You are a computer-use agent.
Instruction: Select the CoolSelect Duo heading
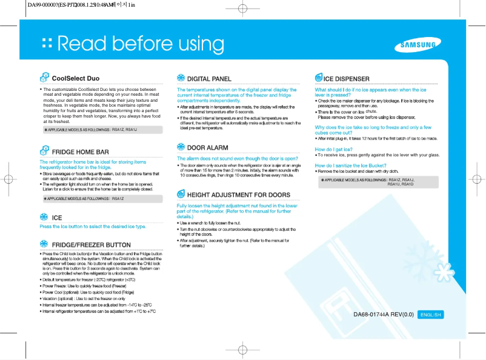click(76, 79)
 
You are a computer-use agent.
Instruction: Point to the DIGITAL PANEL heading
click(209, 79)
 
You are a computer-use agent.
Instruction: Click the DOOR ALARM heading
click(208, 148)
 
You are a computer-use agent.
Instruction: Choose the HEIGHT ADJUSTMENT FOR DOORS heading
click(238, 195)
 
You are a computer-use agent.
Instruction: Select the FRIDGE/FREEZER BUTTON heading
click(92, 245)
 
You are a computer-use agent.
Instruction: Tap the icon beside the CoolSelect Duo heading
click(44, 78)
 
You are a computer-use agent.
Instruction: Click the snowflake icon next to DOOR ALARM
click(181, 147)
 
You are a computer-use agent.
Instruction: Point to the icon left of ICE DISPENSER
click(319, 78)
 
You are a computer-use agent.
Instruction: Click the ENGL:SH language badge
click(431, 315)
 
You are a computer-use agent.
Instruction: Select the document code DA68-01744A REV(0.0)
click(383, 315)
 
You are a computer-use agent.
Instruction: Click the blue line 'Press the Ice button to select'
click(93, 227)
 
